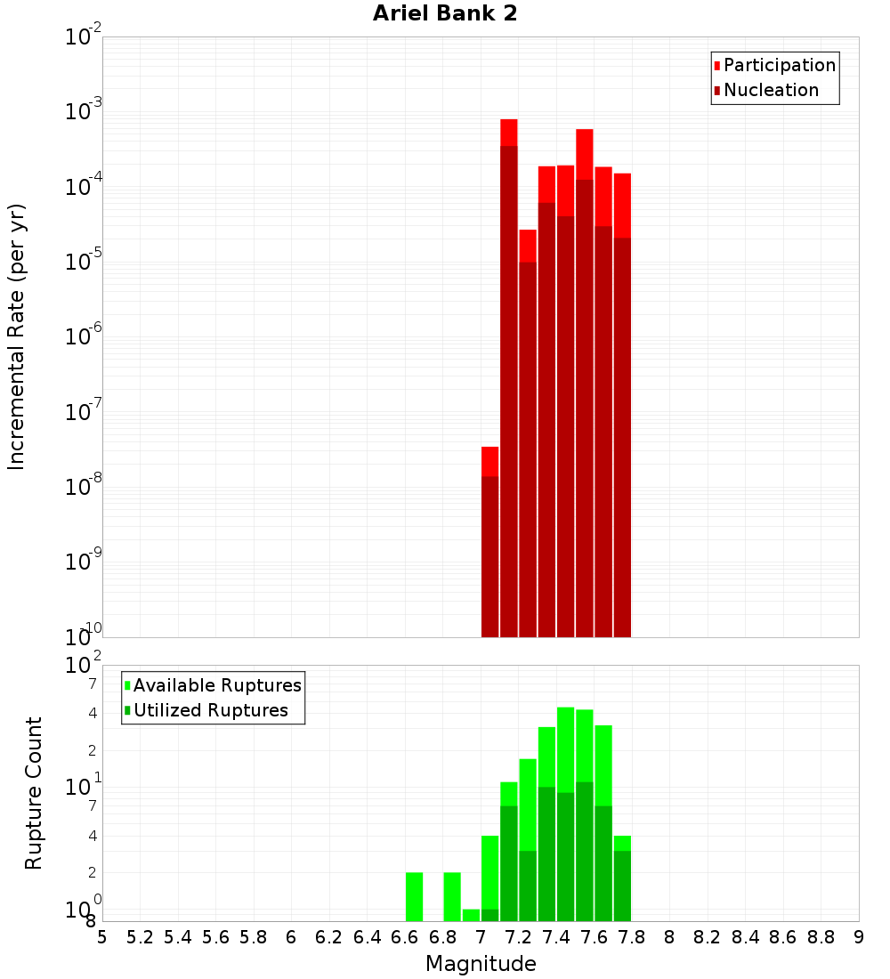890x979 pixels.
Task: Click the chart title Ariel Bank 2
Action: (445, 13)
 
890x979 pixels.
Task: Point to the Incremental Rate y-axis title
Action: (17, 336)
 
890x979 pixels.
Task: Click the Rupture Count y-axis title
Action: (34, 793)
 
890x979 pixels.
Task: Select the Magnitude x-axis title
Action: (481, 964)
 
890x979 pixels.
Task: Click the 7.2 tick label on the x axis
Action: (519, 937)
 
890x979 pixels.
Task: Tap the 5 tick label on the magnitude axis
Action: (102, 937)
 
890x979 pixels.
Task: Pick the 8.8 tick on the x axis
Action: (821, 937)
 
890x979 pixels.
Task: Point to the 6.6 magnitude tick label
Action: (405, 937)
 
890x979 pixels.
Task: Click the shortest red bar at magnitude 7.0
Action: (489, 543)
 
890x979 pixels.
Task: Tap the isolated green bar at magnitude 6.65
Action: (414, 897)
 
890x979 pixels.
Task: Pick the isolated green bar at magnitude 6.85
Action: (452, 897)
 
